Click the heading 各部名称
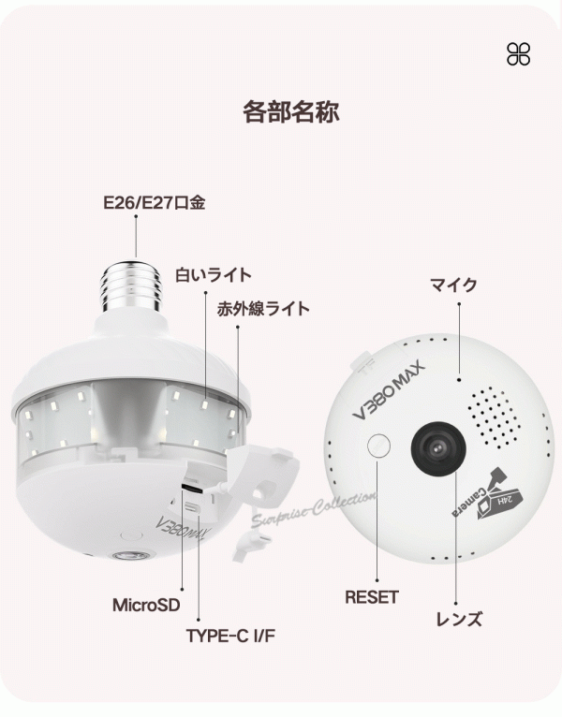(x=291, y=112)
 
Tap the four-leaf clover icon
(x=519, y=54)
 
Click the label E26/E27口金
(x=155, y=202)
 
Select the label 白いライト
(x=214, y=275)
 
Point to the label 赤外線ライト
(x=263, y=309)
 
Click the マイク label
(x=453, y=285)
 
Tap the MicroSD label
(x=146, y=605)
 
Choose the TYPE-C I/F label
(x=230, y=636)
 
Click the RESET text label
(x=372, y=597)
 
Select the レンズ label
(x=459, y=619)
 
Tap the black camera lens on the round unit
(x=438, y=448)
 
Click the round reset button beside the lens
(x=379, y=445)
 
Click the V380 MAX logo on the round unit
(x=389, y=389)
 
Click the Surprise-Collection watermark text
(x=314, y=508)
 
